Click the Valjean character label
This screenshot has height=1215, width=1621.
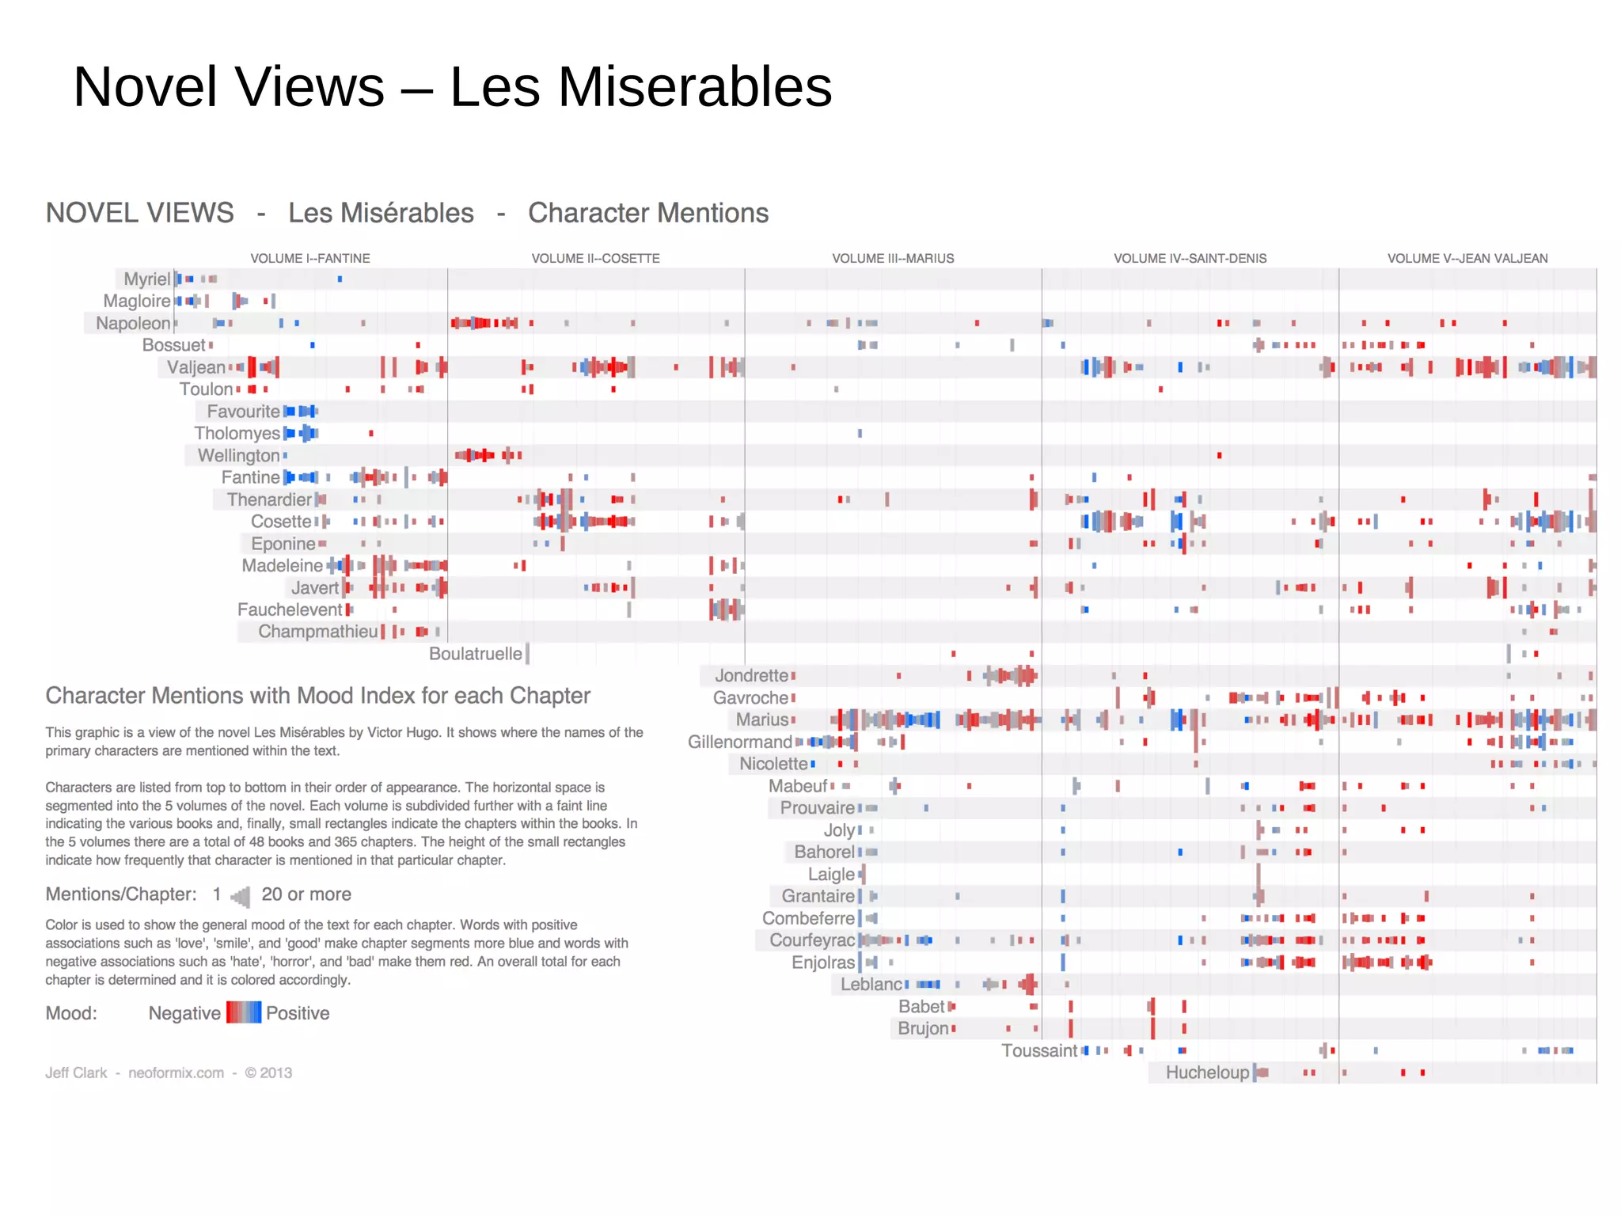196,367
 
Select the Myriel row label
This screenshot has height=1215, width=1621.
146,279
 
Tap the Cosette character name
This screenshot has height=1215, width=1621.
281,522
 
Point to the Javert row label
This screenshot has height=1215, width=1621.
314,588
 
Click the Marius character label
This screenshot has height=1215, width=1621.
762,720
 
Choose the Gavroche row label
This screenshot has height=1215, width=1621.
750,698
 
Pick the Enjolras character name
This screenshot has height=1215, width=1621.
823,963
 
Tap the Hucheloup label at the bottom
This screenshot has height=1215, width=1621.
1207,1073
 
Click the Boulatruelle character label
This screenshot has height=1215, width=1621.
475,654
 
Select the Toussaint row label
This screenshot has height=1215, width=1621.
1039,1050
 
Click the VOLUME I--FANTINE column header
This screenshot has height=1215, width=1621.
310,259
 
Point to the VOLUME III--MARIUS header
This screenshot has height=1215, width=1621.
893,259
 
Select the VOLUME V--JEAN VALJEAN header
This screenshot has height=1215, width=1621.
1467,259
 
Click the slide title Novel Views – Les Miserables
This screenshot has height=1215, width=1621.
452,86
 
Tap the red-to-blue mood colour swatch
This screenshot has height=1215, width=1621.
243,1013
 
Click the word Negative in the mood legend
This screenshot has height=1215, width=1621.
184,1013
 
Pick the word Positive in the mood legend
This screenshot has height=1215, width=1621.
298,1013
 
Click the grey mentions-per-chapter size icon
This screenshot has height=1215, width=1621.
241,896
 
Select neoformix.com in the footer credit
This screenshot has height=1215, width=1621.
176,1073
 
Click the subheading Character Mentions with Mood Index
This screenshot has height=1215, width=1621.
317,696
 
